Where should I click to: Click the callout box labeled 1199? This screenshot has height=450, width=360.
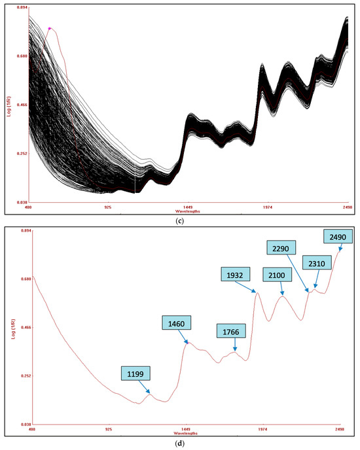click(135, 374)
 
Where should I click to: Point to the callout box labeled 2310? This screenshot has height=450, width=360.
click(316, 263)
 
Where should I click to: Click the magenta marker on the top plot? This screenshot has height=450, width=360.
click(50, 28)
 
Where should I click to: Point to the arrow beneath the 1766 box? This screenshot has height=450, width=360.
click(234, 346)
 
